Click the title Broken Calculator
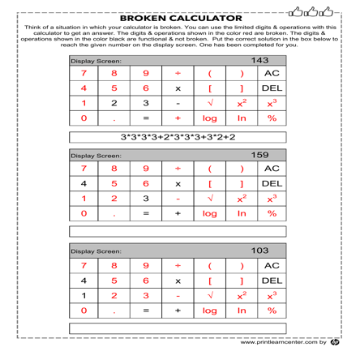point(180,17)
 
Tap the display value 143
point(260,61)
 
